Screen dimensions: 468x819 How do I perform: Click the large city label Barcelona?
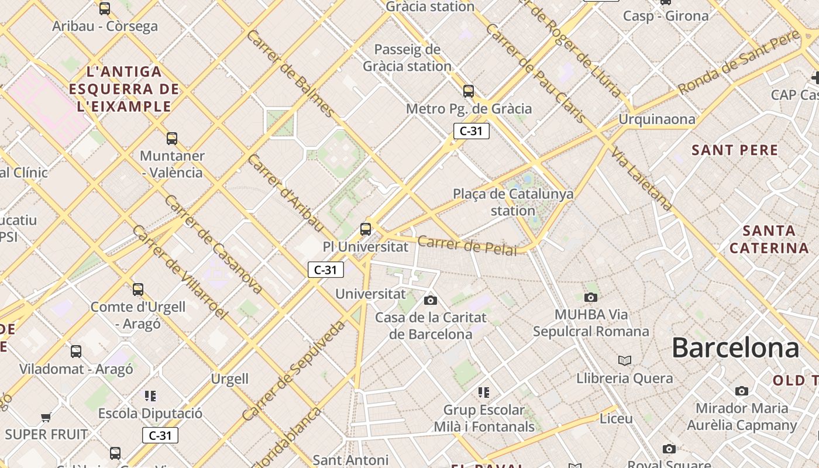click(x=735, y=348)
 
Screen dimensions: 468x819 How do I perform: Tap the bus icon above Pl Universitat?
click(x=366, y=229)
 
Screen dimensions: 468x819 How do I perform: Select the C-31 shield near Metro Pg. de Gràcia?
click(x=471, y=131)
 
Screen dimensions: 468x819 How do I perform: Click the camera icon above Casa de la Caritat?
click(x=431, y=300)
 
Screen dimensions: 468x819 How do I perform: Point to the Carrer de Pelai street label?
click(x=467, y=246)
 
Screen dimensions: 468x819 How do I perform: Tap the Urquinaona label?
click(x=657, y=120)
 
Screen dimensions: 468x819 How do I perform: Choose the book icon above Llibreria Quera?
click(x=625, y=360)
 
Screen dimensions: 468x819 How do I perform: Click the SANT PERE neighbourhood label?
click(x=735, y=150)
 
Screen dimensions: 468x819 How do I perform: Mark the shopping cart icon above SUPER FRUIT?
click(x=46, y=417)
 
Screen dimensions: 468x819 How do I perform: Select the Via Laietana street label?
click(x=642, y=179)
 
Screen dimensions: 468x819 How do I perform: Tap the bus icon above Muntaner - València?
click(x=171, y=139)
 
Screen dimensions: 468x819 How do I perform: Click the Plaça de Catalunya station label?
click(x=513, y=202)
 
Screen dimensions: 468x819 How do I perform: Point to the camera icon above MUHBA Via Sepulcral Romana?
click(x=591, y=297)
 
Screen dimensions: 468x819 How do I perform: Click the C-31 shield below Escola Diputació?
click(x=160, y=435)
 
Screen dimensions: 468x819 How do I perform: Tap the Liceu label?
click(x=616, y=419)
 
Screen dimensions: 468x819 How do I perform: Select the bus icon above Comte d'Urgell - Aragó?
click(x=138, y=290)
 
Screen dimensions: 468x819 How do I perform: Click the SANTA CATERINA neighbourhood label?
click(x=769, y=239)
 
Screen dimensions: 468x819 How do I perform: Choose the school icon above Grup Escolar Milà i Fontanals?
click(x=483, y=392)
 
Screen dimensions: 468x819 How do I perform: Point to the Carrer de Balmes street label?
click(x=291, y=73)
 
